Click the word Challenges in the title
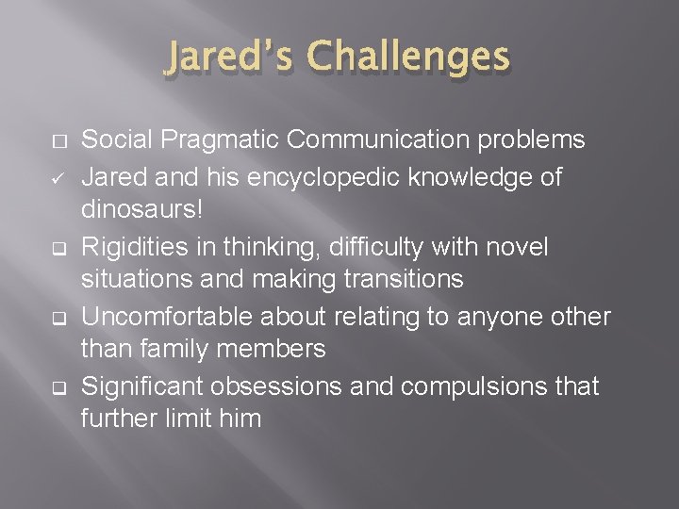(x=410, y=57)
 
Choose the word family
(x=189, y=349)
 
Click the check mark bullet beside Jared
(x=58, y=176)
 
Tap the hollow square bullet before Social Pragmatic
(x=58, y=141)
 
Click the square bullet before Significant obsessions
(x=58, y=386)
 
